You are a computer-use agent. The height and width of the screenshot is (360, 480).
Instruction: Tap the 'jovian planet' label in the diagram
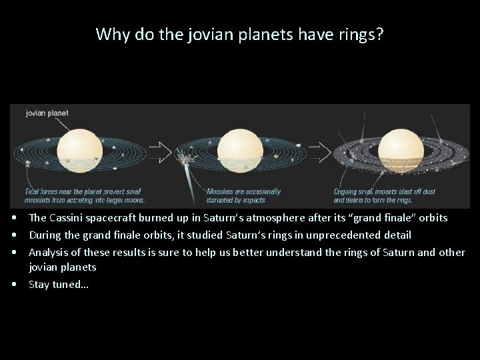point(47,113)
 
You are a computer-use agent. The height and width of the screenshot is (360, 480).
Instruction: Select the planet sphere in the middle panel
point(238,150)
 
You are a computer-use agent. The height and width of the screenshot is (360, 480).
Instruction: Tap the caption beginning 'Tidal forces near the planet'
point(86,195)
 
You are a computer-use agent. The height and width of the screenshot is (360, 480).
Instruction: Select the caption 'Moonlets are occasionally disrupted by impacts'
point(243,195)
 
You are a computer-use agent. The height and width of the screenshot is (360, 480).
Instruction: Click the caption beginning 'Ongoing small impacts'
point(385,195)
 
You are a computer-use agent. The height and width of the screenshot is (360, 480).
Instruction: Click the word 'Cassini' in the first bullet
point(69,218)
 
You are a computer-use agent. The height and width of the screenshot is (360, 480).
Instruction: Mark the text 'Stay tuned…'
point(58,284)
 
